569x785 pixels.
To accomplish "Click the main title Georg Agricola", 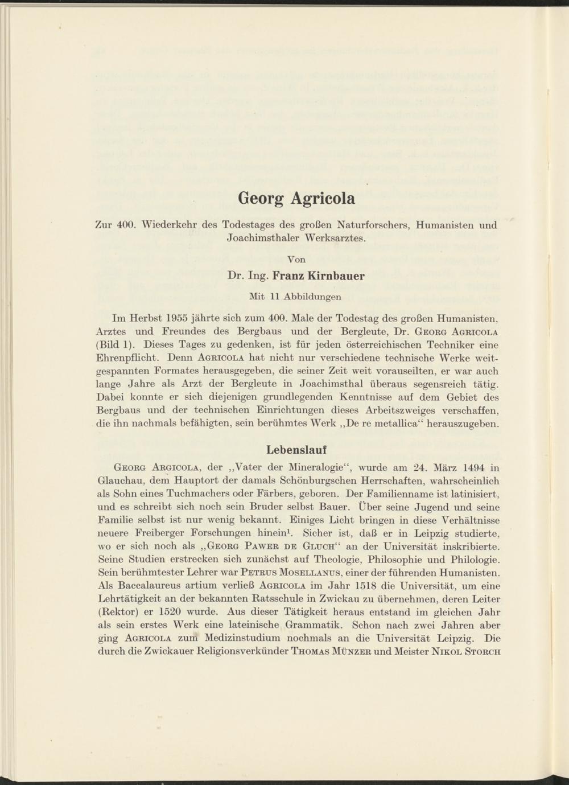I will pos(296,199).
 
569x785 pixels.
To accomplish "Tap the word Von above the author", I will pos(296,259).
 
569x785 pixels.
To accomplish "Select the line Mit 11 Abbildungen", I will pos(296,296).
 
